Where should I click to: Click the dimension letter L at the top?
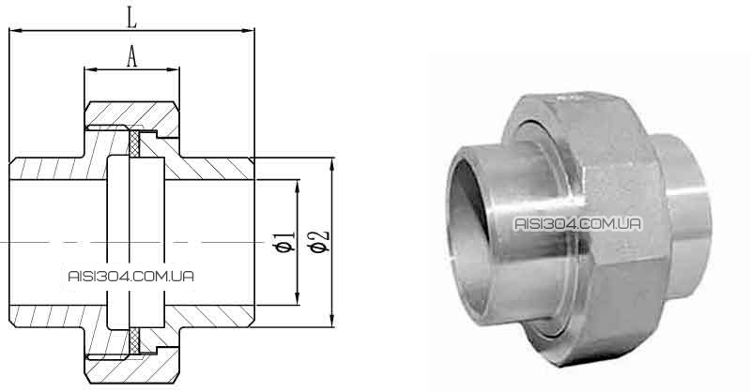131,18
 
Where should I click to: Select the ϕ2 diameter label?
319,242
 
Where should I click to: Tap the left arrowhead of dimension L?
15,31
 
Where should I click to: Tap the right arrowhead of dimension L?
248,31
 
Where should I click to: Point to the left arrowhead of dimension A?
90,70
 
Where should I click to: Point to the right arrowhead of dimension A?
174,70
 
